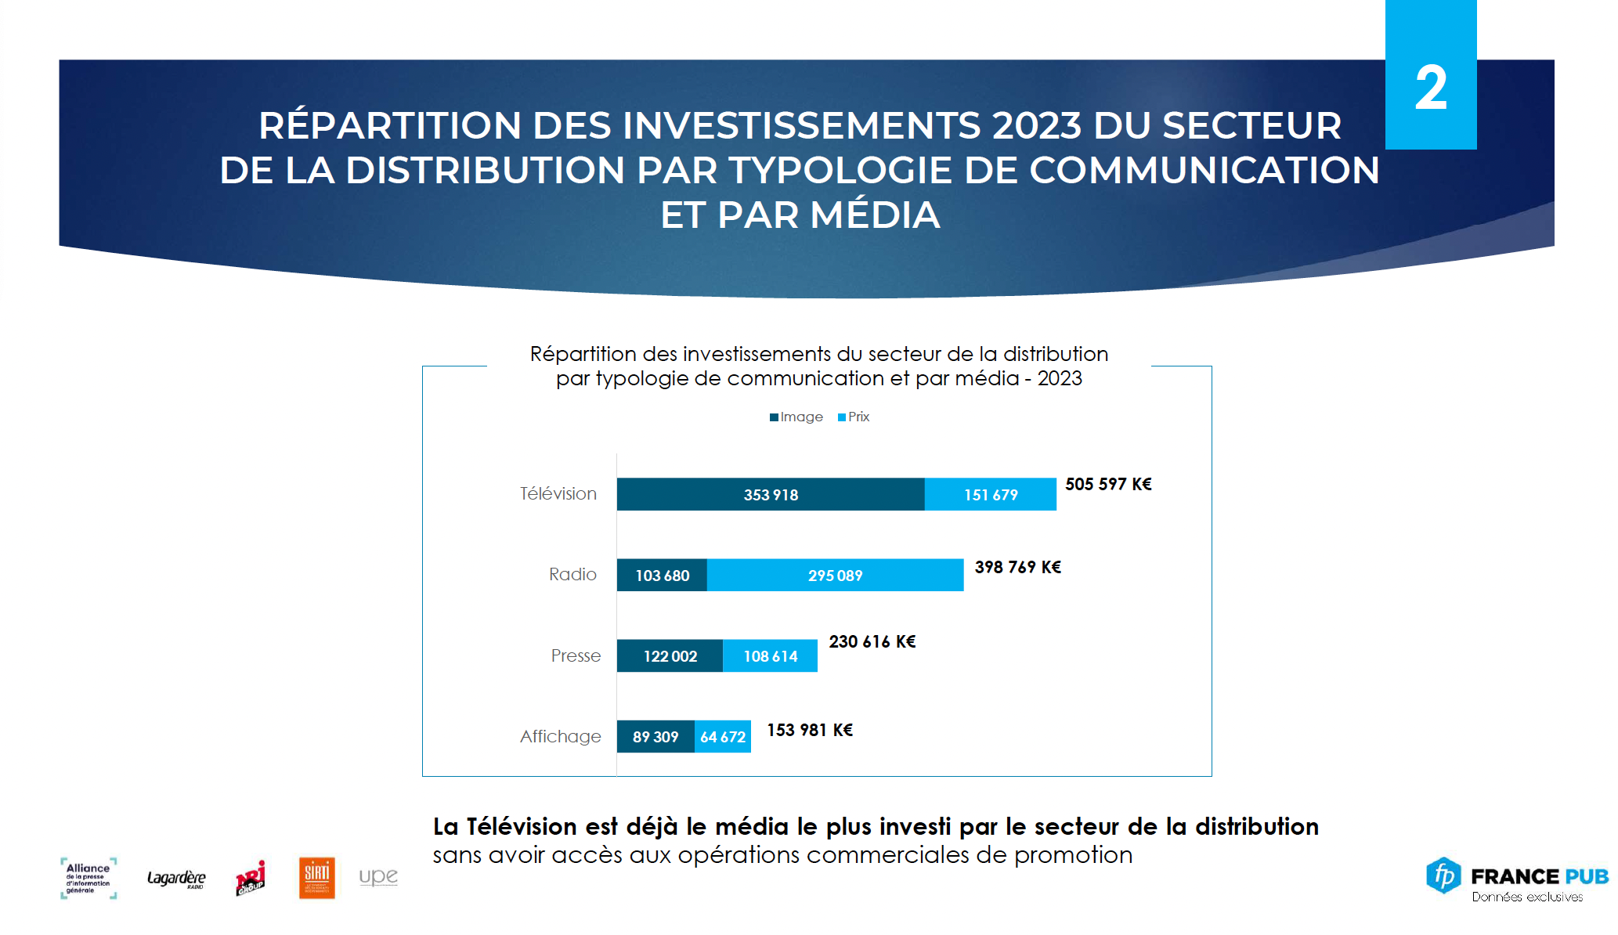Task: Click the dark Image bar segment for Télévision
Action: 771,494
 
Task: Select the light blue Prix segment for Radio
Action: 835,576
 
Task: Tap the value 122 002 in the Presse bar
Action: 670,656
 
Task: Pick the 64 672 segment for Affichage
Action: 723,737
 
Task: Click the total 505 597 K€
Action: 1108,484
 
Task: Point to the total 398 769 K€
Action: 1017,567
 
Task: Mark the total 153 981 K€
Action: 810,730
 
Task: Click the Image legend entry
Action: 796,417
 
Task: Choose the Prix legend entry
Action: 854,417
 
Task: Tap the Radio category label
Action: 572,574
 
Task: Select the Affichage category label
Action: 561,736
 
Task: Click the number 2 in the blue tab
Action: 1431,88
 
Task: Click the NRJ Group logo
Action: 251,878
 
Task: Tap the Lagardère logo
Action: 176,878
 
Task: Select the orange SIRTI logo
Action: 317,877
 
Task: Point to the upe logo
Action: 378,876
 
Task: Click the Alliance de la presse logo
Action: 88,878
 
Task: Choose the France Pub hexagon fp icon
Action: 1443,875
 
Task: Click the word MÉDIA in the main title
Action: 875,215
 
